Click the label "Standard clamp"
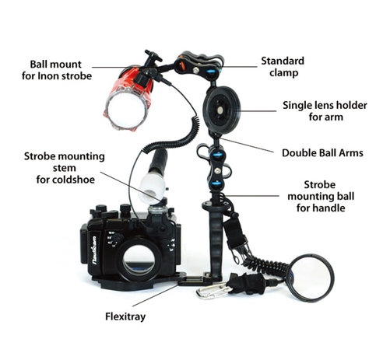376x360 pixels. click(x=283, y=67)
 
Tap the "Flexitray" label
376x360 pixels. click(x=125, y=316)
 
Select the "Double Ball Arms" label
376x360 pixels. click(x=322, y=153)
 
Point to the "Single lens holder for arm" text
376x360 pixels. click(x=325, y=111)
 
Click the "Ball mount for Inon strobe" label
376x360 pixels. click(x=57, y=70)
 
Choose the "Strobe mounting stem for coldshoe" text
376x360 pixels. click(x=65, y=168)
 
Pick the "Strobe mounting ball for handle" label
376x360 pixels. click(x=321, y=196)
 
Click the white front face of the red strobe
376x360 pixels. click(x=126, y=110)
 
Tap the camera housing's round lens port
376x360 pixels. click(x=139, y=260)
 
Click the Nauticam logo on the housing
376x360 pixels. click(x=94, y=250)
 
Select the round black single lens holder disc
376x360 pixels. click(x=222, y=110)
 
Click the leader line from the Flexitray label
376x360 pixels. click(x=156, y=295)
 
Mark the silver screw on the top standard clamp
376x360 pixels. click(x=195, y=69)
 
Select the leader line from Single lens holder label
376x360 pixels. click(x=257, y=111)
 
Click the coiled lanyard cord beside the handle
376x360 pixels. click(x=265, y=266)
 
